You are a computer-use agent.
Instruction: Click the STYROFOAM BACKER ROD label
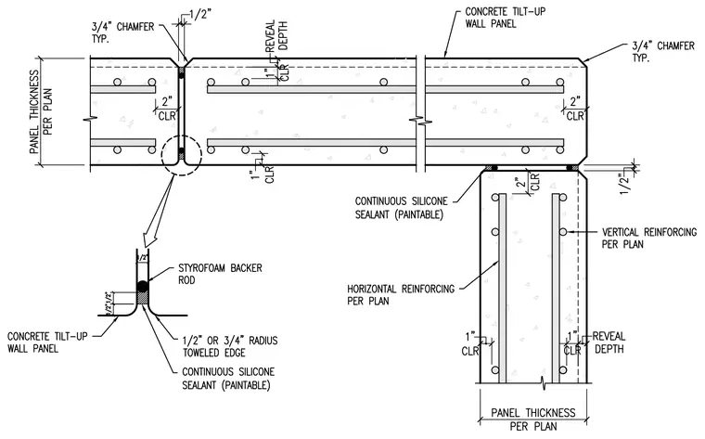(220, 274)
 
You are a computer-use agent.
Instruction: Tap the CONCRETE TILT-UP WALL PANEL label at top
(505, 18)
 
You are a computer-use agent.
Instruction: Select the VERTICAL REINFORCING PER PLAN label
(648, 238)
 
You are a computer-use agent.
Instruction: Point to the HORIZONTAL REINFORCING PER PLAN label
(401, 294)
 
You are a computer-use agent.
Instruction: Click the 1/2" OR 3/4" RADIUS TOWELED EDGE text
(230, 346)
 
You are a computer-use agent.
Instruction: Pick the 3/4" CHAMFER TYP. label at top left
(122, 32)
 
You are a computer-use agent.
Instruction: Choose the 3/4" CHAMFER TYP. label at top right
(663, 52)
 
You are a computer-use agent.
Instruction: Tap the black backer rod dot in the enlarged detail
(143, 286)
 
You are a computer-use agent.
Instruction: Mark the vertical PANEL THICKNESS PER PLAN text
(41, 111)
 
